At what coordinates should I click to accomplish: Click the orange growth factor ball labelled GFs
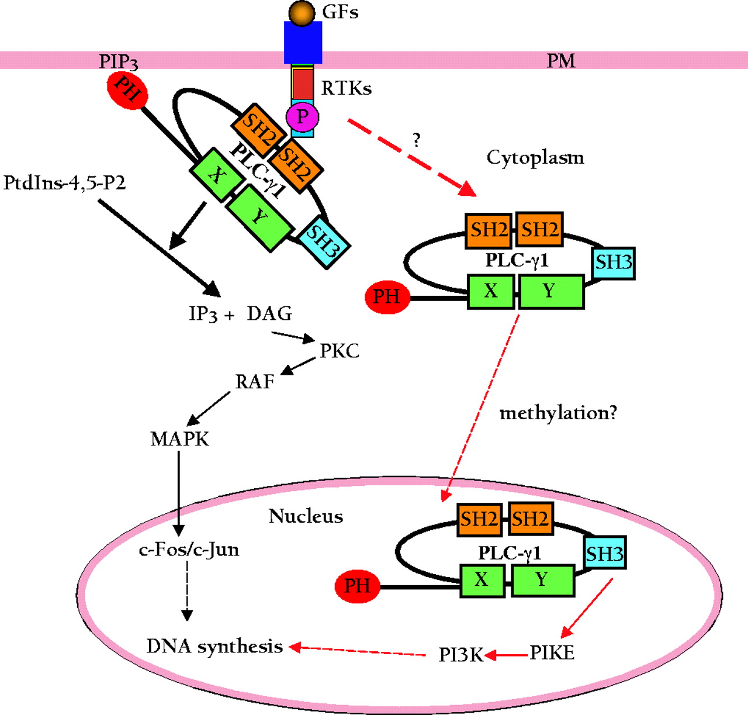pos(302,13)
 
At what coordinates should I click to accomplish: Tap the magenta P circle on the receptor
pos(302,117)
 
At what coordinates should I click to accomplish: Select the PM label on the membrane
pos(561,60)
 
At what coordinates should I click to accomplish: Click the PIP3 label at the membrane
pos(118,61)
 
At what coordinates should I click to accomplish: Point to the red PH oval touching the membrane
pos(127,90)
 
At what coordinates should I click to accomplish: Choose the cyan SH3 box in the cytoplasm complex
pos(614,262)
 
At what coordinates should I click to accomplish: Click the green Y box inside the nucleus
pos(542,580)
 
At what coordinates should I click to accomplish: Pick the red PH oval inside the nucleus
pos(357,586)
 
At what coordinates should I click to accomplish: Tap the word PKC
pos(340,351)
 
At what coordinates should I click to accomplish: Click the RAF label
pos(255,382)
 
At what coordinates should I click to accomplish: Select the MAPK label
pos(179,439)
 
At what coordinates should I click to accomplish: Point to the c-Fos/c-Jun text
pos(189,550)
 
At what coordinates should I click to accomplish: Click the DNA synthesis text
pos(214,646)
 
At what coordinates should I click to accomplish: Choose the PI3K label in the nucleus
pos(461,655)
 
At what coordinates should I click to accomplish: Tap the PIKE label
pos(552,652)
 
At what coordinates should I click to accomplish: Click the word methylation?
pos(558,413)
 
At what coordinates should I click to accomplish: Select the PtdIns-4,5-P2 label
pos(64,183)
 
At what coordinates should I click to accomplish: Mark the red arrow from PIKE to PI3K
pos(507,655)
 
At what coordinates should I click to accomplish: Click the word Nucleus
pos(306,516)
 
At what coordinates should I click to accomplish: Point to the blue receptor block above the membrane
pos(303,42)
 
